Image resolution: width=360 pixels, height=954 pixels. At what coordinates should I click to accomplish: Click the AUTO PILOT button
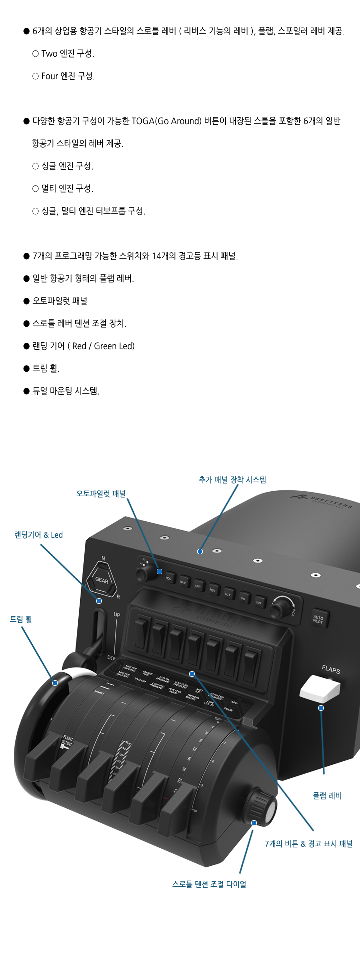tap(318, 619)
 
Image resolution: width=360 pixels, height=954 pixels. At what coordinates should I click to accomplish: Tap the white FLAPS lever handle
tap(320, 689)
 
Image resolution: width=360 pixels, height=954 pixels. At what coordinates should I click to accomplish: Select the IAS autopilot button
tap(259, 601)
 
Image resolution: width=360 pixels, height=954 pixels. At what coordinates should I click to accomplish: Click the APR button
tap(198, 586)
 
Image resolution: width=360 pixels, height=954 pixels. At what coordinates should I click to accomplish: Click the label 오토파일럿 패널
tap(101, 493)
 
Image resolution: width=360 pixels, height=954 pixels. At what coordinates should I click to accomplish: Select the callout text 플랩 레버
tap(327, 796)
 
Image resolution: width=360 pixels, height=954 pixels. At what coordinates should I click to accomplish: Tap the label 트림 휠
tap(21, 619)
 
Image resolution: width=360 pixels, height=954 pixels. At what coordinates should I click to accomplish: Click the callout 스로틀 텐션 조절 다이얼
tap(209, 884)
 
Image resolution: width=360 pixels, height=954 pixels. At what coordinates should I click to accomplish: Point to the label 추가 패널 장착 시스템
tap(232, 480)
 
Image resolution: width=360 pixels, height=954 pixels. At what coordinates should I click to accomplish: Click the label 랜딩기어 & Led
tap(39, 535)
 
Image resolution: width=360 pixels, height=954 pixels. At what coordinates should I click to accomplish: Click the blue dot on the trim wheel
tap(55, 683)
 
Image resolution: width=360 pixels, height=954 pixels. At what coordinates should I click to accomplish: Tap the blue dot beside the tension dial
tap(254, 823)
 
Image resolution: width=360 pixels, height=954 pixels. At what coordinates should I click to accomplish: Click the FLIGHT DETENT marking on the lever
tap(67, 741)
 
